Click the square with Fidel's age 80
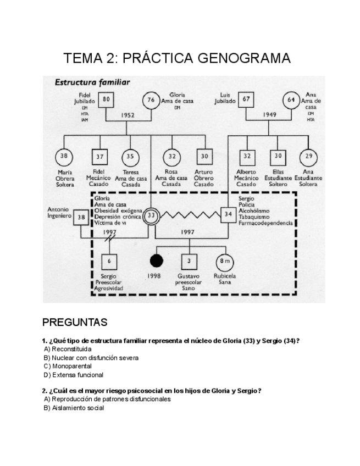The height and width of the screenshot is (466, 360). (x=107, y=99)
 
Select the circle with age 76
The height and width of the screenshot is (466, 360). (x=152, y=100)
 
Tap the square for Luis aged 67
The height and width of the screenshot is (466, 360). (x=247, y=99)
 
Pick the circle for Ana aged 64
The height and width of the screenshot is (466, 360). (x=291, y=100)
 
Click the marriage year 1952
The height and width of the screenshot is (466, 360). (x=128, y=115)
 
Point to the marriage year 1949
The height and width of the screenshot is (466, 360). (x=270, y=115)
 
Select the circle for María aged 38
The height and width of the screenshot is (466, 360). (x=64, y=157)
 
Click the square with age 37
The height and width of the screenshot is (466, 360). (x=99, y=157)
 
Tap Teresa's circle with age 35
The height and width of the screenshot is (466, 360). (x=130, y=157)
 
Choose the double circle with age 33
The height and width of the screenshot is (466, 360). (x=152, y=216)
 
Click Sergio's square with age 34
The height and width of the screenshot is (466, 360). (x=228, y=214)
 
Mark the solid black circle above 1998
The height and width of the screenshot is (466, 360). (x=158, y=260)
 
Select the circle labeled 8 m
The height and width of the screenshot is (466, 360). (x=223, y=260)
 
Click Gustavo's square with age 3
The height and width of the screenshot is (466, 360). (x=189, y=260)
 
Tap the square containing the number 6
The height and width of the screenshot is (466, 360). (x=109, y=260)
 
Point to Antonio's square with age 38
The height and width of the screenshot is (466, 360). (x=81, y=217)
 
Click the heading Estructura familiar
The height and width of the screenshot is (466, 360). (x=91, y=83)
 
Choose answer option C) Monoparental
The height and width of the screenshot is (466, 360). (x=68, y=366)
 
